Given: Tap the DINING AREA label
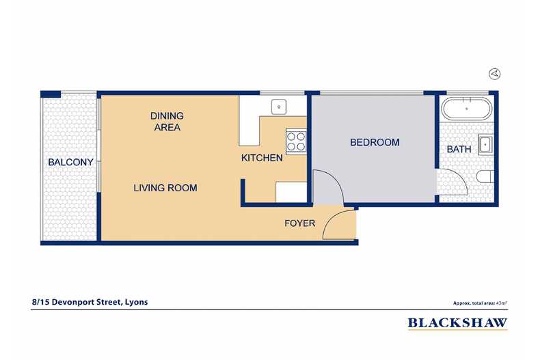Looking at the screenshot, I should pos(167,121).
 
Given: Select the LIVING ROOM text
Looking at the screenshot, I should pos(165,187).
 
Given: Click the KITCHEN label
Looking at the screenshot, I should pos(262,158).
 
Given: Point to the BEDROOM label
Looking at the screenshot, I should pos(374,142).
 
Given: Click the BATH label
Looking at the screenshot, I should pos(459,149).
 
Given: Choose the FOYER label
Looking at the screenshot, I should pos(299,223).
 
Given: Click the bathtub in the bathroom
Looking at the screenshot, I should pos(465,109).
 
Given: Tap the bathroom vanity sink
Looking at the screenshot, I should pos(485,144).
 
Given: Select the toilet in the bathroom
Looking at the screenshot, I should pos(484,178).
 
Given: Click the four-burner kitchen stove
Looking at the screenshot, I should pos(296,141).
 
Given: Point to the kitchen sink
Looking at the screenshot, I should pos(278,106).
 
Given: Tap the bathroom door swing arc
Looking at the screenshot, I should pos(451,182).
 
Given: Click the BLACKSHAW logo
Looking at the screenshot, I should pos(457,323).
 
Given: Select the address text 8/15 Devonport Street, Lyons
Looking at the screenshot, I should pos(89,301).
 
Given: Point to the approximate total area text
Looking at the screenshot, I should pos(479,302).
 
